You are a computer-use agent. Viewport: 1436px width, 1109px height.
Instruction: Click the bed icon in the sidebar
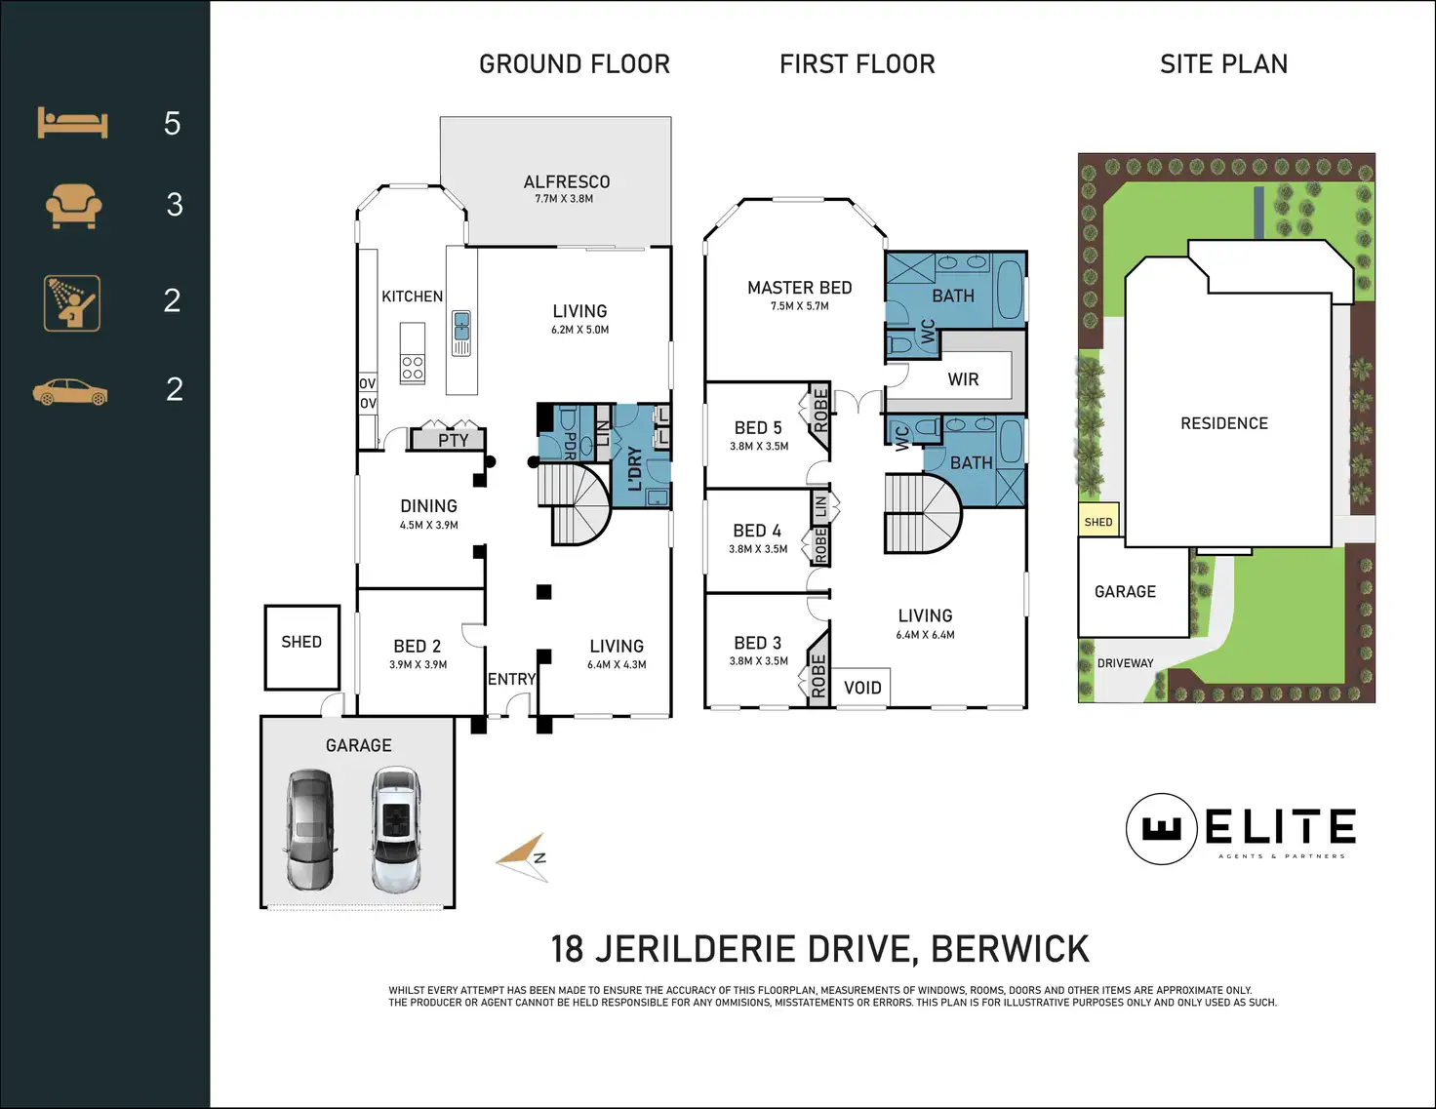click(x=73, y=123)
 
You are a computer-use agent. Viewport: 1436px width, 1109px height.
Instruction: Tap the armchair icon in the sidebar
click(x=73, y=206)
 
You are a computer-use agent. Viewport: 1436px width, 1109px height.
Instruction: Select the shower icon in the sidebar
click(x=72, y=303)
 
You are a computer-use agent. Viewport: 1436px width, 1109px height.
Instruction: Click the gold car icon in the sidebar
click(x=70, y=392)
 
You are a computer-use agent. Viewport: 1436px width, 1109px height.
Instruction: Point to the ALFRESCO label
click(x=567, y=181)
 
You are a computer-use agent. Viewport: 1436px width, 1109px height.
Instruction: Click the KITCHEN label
click(x=413, y=297)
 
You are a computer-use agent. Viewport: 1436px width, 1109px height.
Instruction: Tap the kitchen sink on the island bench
click(x=461, y=333)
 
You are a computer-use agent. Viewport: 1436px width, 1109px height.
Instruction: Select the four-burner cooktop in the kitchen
click(x=413, y=368)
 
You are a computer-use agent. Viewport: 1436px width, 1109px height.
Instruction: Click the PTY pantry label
click(x=454, y=440)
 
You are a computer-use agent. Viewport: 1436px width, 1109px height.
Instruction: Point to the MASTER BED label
click(x=800, y=288)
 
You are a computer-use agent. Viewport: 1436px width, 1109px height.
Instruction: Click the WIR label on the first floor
click(x=963, y=379)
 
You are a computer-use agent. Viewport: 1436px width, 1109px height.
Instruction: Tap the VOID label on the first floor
click(x=862, y=688)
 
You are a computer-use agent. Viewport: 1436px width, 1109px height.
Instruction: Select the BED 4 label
click(x=757, y=531)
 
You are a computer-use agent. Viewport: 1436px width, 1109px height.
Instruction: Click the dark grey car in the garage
click(x=310, y=829)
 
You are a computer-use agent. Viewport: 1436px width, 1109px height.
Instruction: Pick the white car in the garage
click(x=395, y=829)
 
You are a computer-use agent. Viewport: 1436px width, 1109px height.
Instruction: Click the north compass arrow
click(x=523, y=857)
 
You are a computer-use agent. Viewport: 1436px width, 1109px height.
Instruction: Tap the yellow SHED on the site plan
click(x=1098, y=521)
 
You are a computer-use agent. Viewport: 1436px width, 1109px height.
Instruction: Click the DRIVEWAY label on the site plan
click(x=1125, y=662)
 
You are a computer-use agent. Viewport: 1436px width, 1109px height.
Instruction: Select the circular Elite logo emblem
click(x=1161, y=828)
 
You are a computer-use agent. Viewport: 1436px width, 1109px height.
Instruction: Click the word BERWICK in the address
click(x=1010, y=949)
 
